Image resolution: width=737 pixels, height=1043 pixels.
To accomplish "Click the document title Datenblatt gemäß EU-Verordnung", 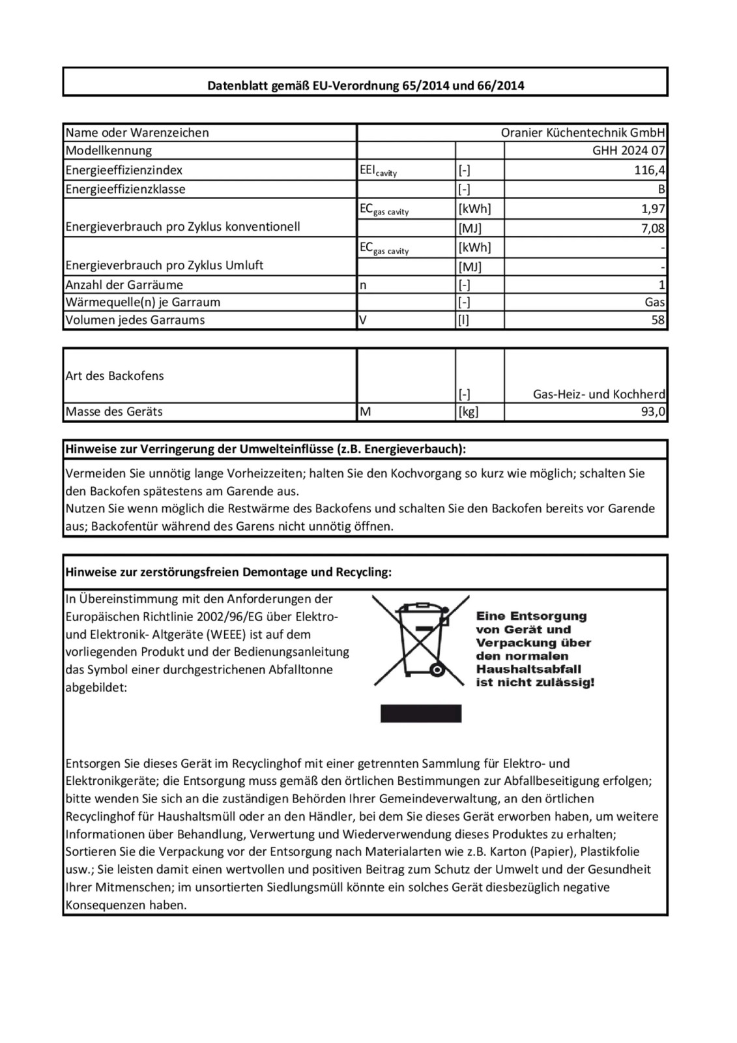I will [365, 85].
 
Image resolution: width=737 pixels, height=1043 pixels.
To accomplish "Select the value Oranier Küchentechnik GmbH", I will [583, 132].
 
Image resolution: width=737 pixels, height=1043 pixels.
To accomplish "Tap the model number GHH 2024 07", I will [629, 151].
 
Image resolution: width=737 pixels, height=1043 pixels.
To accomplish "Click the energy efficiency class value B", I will [661, 190].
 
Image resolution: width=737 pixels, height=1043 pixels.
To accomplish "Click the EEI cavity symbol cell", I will [378, 171].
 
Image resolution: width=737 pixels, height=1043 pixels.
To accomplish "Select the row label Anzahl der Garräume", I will [124, 285].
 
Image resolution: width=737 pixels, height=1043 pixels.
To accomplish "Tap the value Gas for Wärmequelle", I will [654, 302].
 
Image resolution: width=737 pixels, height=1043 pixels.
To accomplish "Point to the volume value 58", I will [658, 320].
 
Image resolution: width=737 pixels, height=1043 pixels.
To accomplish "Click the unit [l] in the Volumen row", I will [463, 320].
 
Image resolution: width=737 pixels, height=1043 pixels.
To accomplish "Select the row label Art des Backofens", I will [114, 376].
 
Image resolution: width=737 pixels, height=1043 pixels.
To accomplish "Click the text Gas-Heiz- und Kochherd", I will [599, 394].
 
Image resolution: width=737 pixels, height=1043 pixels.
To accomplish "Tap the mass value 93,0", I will [653, 412].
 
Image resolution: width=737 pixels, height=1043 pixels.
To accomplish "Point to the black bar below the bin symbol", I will [420, 713].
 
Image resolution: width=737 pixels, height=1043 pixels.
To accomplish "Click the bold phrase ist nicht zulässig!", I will [535, 683].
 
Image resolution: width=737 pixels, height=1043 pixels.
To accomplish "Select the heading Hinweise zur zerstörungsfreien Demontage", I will [228, 572].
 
